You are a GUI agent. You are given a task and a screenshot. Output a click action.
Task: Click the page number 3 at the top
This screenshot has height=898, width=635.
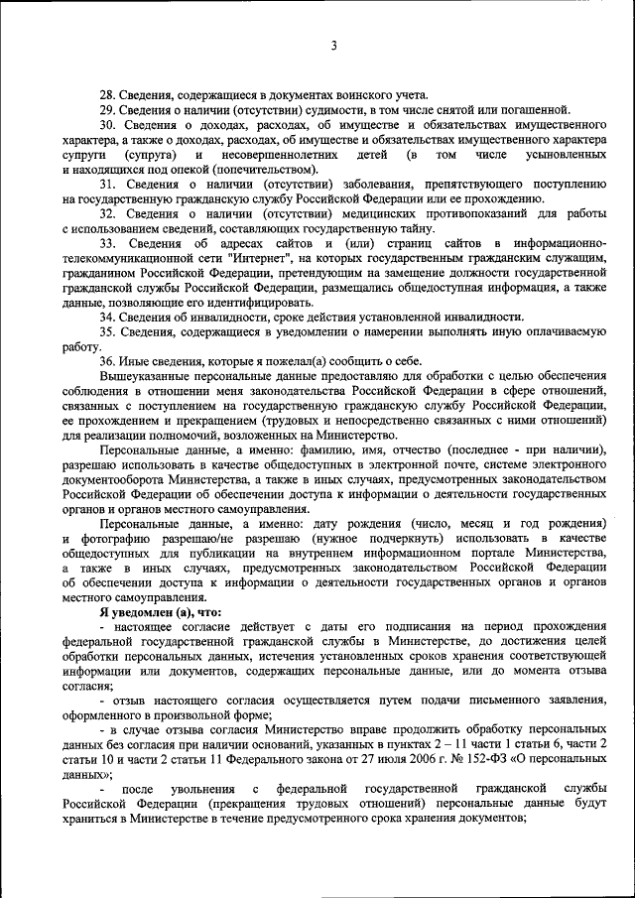pyautogui.click(x=334, y=47)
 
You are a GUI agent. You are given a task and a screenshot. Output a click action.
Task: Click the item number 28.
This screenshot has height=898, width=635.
pyautogui.click(x=109, y=93)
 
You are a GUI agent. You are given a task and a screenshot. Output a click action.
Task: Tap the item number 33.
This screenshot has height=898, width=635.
pyautogui.click(x=109, y=243)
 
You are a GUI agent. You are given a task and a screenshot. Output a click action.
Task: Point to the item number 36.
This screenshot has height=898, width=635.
pyautogui.click(x=109, y=361)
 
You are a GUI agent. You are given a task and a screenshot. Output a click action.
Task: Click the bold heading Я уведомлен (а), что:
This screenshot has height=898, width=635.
pyautogui.click(x=160, y=612)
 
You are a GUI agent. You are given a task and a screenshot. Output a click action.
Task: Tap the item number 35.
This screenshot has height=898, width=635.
pyautogui.click(x=109, y=332)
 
